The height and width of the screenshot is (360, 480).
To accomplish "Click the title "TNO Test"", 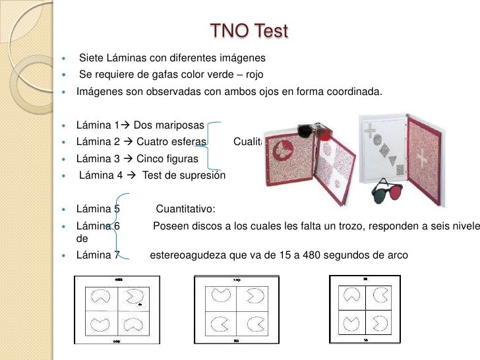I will pyautogui.click(x=249, y=31).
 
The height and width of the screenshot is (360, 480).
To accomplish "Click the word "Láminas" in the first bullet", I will pyautogui.click(x=132, y=58).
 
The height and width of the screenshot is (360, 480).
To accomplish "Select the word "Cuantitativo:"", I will pyautogui.click(x=185, y=210).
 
